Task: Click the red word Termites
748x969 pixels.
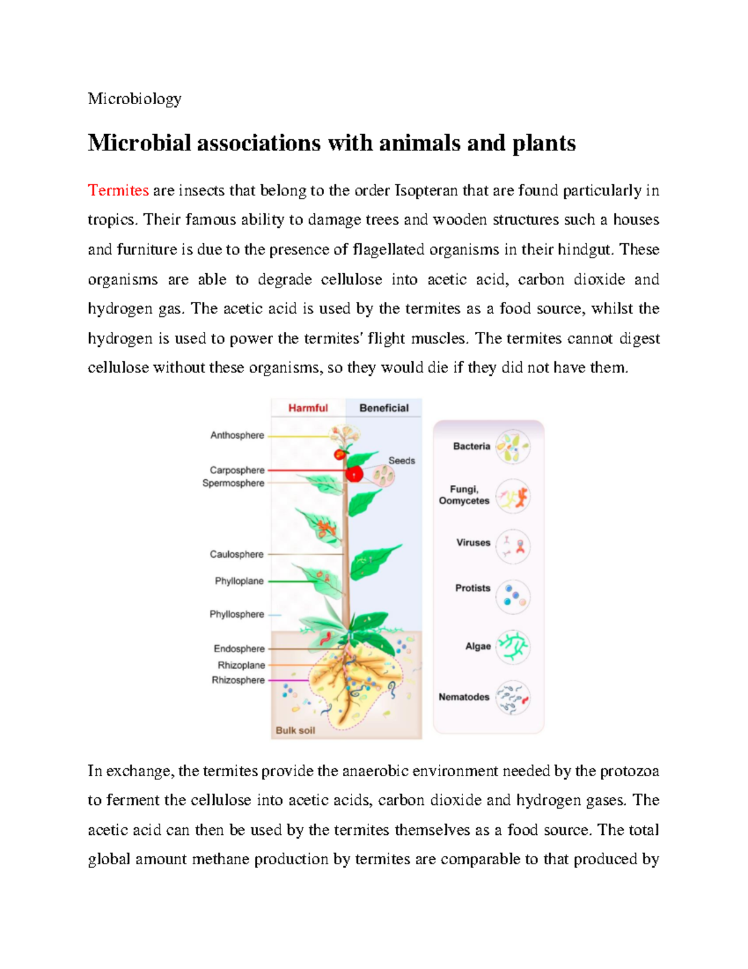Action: pyautogui.click(x=118, y=190)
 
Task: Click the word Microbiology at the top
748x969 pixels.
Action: pyautogui.click(x=135, y=99)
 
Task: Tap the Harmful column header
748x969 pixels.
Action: pyautogui.click(x=308, y=408)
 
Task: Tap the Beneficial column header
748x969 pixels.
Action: pyautogui.click(x=384, y=408)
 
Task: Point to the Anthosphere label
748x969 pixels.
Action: pyautogui.click(x=237, y=436)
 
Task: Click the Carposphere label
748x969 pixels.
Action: pyautogui.click(x=237, y=470)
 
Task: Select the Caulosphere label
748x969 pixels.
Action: pyautogui.click(x=236, y=554)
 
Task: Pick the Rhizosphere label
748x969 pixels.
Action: pyautogui.click(x=238, y=680)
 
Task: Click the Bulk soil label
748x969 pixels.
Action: pyautogui.click(x=295, y=730)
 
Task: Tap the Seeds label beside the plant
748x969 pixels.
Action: pyautogui.click(x=401, y=460)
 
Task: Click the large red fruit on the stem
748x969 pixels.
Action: pyautogui.click(x=354, y=474)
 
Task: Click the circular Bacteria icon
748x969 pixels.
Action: pyautogui.click(x=513, y=447)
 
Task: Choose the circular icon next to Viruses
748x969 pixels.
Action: pyautogui.click(x=513, y=547)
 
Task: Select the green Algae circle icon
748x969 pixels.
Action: pyautogui.click(x=513, y=646)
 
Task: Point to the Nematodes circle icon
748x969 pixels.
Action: pyautogui.click(x=513, y=697)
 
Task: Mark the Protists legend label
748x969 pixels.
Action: pyautogui.click(x=472, y=588)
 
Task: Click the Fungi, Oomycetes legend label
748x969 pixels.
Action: pyautogui.click(x=464, y=495)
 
